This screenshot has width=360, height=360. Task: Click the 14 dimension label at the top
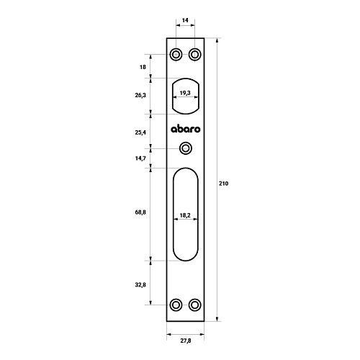coord(185,20)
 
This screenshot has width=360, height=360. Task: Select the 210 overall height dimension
coord(223,184)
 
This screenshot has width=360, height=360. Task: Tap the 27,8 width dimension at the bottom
coord(186,341)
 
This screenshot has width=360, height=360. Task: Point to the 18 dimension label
coord(143,67)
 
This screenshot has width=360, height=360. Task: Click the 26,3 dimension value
coord(140,95)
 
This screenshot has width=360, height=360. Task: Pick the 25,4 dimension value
coord(140,132)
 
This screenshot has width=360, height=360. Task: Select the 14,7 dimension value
coord(140,158)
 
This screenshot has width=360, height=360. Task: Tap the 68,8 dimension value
coord(140,212)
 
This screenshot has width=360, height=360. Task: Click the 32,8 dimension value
coord(140,285)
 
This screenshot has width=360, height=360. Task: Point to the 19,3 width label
coord(185,93)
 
